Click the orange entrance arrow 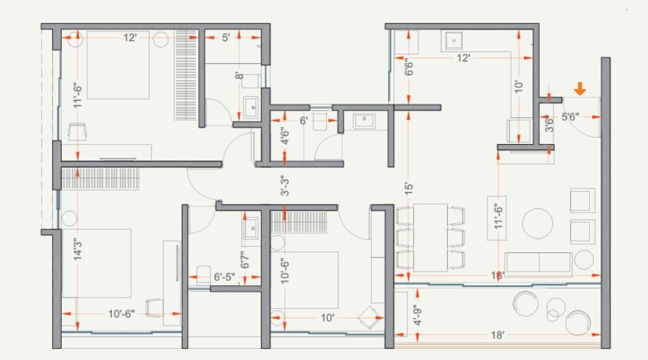[x=579, y=88]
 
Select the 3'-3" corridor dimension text [x=285, y=187]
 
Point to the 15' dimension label [x=408, y=189]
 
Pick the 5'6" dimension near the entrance [x=571, y=117]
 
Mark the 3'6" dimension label [x=549, y=125]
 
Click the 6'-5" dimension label [x=224, y=278]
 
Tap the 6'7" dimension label [x=244, y=260]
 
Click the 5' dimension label [x=226, y=38]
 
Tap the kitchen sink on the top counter [x=453, y=41]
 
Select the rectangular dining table [x=431, y=237]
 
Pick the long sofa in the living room [x=538, y=263]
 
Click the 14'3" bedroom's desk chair [x=154, y=308]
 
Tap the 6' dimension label [x=304, y=120]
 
